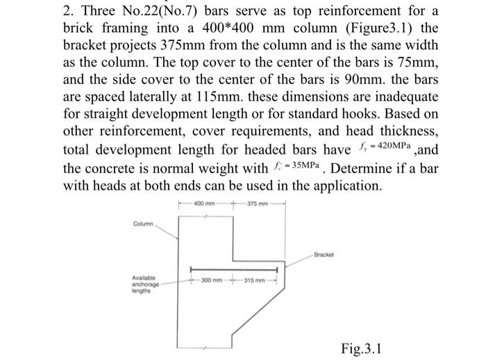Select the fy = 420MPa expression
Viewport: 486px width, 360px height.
[393, 147]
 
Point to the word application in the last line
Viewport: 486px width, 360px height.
[340, 186]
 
